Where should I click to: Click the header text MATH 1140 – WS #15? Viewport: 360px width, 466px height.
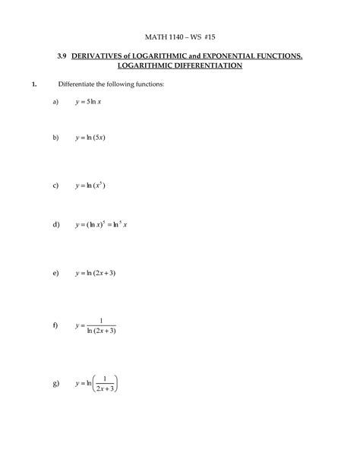click(180, 36)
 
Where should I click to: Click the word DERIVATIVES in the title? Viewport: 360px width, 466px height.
click(107, 57)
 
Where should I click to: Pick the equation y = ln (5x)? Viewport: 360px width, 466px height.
click(93, 138)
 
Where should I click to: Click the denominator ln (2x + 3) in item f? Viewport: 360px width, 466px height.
click(102, 331)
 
